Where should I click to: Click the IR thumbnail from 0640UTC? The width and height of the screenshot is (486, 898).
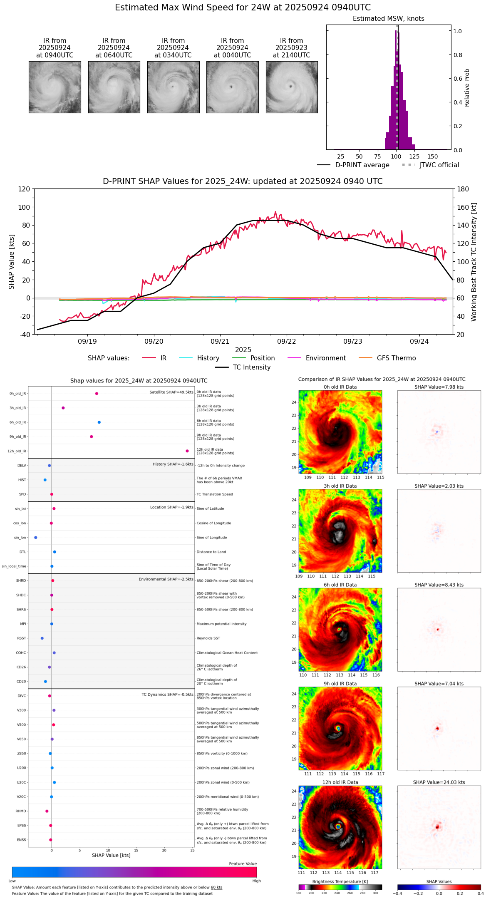[114, 87]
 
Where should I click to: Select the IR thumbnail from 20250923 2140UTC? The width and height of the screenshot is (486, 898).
[292, 87]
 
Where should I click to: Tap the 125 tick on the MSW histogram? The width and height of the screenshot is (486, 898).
[414, 156]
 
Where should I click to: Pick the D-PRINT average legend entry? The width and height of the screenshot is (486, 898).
[362, 165]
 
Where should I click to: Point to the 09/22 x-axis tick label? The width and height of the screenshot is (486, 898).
[286, 341]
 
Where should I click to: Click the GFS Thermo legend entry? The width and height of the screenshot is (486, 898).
[396, 358]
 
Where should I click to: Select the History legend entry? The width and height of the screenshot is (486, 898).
[208, 358]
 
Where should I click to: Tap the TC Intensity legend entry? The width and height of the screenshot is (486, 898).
[251, 367]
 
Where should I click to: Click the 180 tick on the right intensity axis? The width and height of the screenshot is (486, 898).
[463, 189]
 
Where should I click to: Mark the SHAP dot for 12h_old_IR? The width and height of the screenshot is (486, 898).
[187, 451]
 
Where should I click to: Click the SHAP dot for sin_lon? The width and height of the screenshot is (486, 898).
[36, 538]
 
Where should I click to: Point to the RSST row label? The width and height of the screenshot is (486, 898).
[22, 638]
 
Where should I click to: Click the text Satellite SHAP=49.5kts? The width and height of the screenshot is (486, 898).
[171, 392]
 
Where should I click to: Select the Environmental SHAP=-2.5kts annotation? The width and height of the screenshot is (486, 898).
[166, 579]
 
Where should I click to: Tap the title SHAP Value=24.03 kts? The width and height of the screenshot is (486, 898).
[439, 782]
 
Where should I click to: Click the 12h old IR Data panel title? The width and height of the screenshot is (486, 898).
[340, 782]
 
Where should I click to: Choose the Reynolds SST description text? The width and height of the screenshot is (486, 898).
[208, 638]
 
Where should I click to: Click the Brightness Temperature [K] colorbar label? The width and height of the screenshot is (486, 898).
[340, 881]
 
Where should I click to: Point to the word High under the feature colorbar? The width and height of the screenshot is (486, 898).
[256, 881]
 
